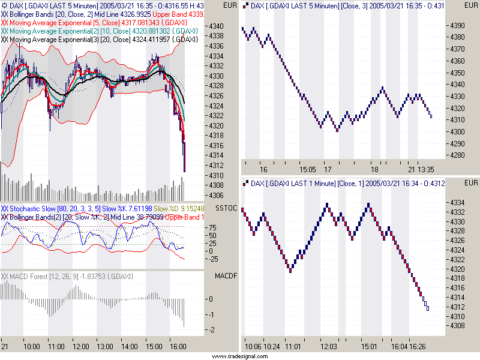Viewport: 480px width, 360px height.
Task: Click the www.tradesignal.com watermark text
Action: [x=239, y=356]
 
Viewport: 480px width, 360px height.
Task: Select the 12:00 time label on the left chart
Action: [x=80, y=347]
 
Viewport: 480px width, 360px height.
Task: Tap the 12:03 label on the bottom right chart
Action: [x=329, y=347]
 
